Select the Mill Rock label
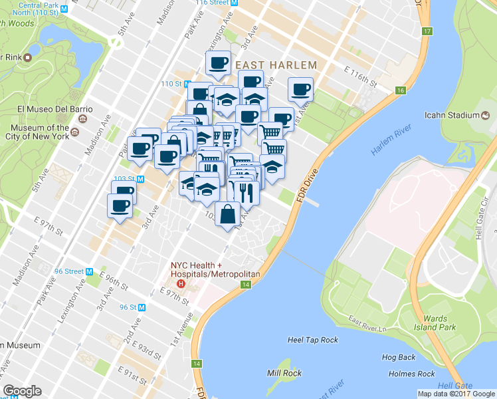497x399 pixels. pyautogui.click(x=284, y=373)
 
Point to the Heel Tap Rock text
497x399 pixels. pyautogui.click(x=312, y=340)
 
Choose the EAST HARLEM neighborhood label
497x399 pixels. pyautogui.click(x=275, y=65)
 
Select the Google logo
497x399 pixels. pyautogui.click(x=23, y=391)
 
